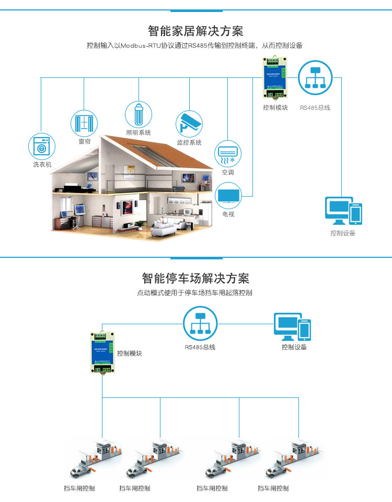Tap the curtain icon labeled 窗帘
(84, 123)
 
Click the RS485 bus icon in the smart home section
(315, 78)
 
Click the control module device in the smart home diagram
(274, 78)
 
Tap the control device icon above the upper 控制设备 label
(343, 211)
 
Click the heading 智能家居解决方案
(195, 30)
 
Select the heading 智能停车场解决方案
(195, 277)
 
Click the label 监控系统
(189, 143)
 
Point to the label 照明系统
(139, 133)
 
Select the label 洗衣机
(42, 165)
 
